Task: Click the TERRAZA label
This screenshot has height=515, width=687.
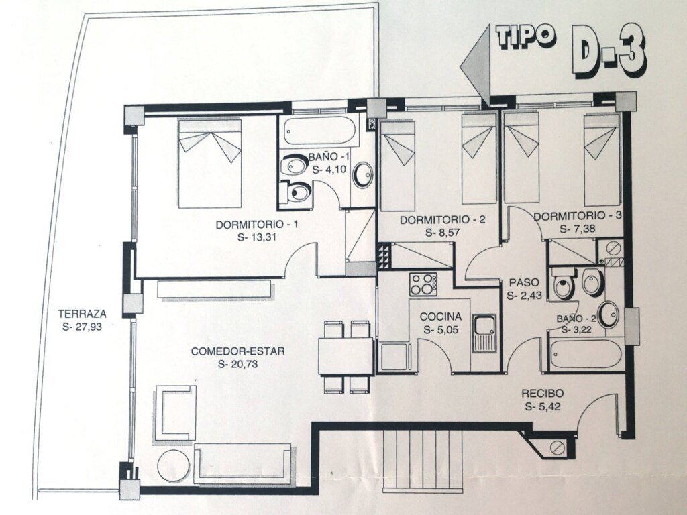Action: point(83,314)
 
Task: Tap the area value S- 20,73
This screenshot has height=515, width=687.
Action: point(238,364)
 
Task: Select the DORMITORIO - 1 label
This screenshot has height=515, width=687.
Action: point(257,225)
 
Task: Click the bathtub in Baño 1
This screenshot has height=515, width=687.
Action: point(319,131)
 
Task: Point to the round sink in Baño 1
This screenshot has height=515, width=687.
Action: point(362,175)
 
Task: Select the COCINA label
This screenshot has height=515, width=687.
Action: point(441,317)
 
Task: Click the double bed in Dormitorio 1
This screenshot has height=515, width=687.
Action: point(209,163)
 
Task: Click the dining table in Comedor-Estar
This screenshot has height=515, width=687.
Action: point(346,356)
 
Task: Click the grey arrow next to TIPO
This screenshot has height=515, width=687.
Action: point(475,66)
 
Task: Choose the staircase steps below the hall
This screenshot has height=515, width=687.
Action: point(423,460)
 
